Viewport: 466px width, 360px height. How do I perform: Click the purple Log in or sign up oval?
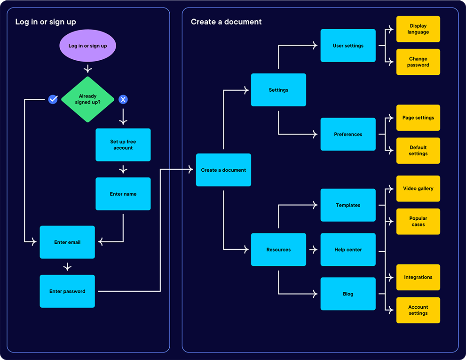(87, 46)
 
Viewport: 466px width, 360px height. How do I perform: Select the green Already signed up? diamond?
(87, 99)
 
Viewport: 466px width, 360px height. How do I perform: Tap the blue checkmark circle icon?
(53, 99)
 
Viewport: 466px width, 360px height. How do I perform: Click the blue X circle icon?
(123, 99)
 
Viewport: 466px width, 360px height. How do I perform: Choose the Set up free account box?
(123, 145)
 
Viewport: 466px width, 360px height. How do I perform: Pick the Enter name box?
(123, 194)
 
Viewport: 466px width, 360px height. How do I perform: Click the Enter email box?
(67, 242)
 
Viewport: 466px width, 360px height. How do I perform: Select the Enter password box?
(67, 291)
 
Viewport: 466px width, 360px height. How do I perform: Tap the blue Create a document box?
(223, 170)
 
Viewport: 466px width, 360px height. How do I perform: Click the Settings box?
(278, 90)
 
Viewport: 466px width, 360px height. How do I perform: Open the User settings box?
(348, 46)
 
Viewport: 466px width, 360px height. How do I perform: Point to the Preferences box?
(348, 134)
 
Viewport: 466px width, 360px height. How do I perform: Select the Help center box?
(348, 250)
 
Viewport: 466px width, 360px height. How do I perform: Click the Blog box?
(348, 294)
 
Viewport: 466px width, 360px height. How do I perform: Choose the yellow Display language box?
(418, 29)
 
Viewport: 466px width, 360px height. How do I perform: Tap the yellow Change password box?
(418, 62)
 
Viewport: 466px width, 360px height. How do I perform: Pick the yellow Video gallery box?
(418, 189)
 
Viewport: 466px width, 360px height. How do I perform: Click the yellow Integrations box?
(418, 277)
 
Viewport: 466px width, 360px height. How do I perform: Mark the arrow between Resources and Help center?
(313, 250)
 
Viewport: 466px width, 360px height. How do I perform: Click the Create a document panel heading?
(226, 22)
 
